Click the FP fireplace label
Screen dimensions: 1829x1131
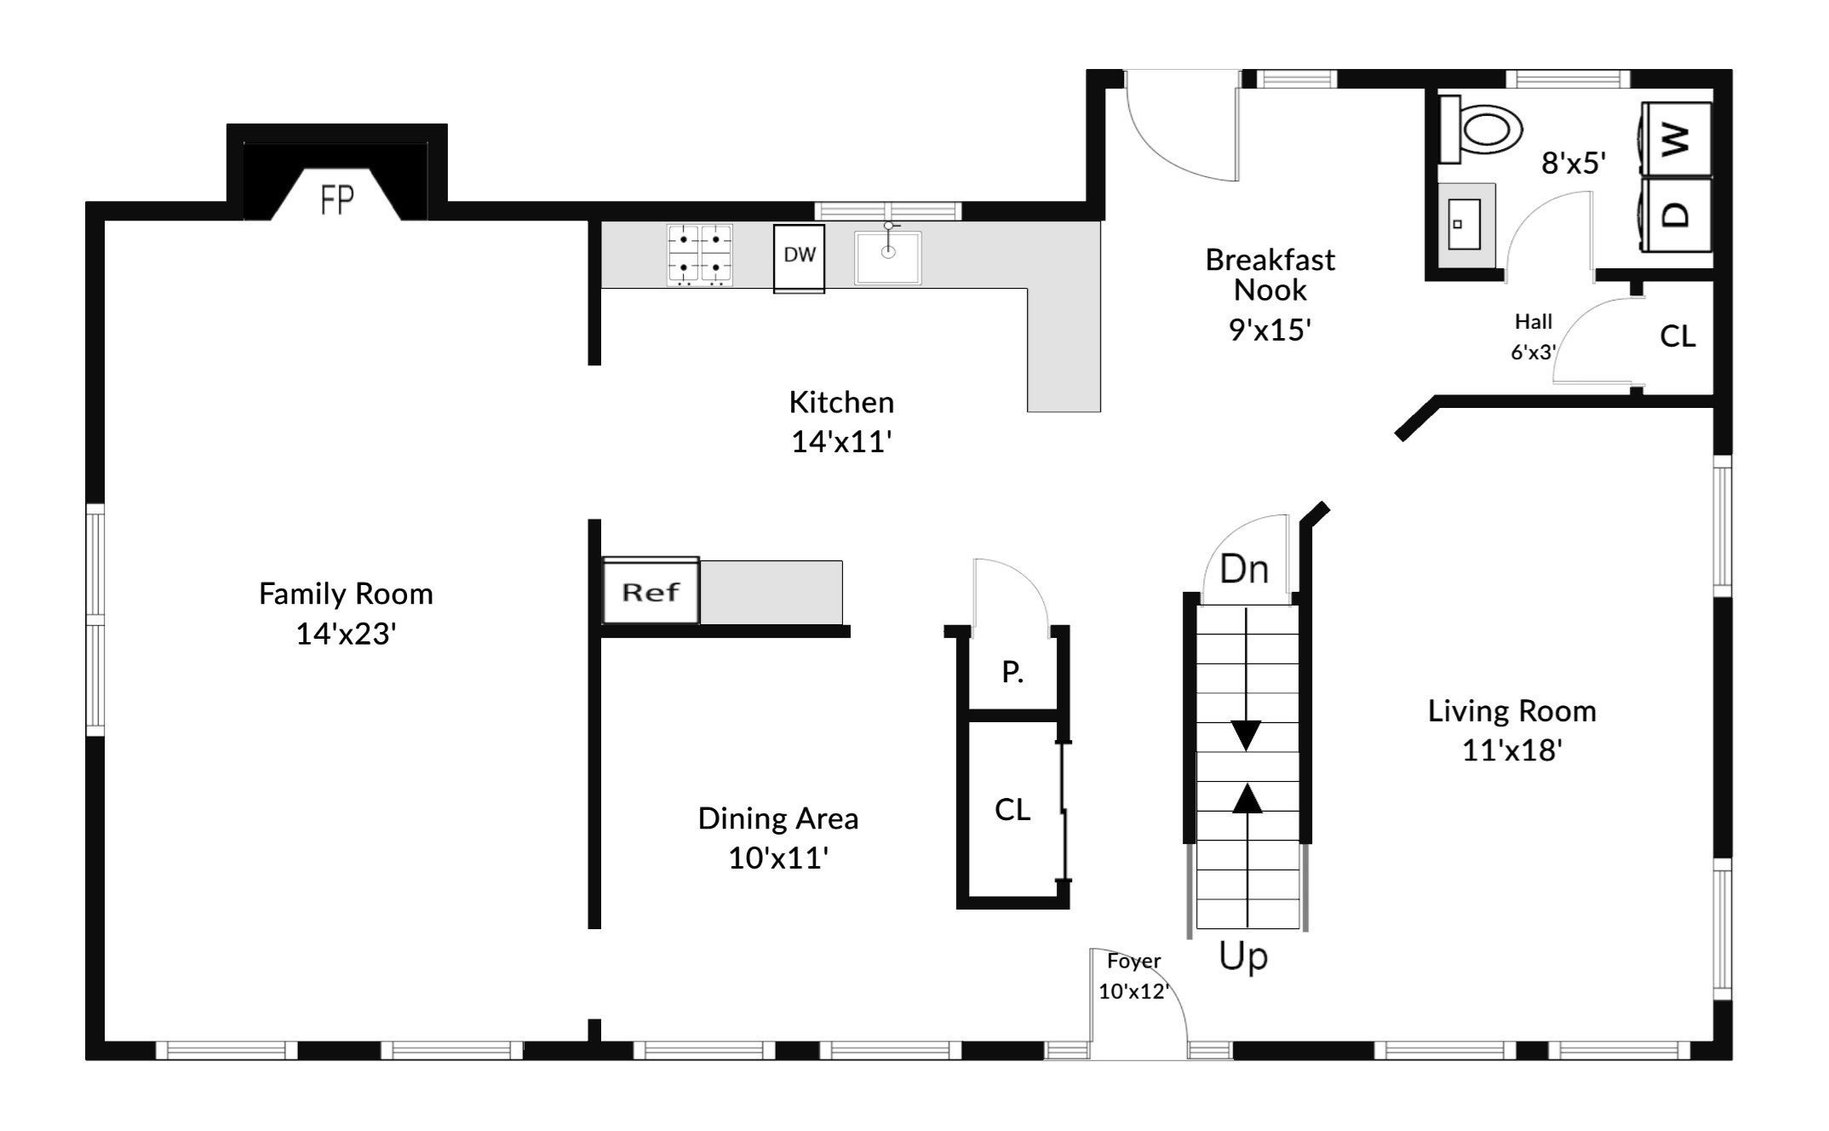pyautogui.click(x=337, y=200)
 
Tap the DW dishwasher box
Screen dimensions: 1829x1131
pyautogui.click(x=799, y=258)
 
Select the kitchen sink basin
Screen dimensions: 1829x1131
pyautogui.click(x=888, y=257)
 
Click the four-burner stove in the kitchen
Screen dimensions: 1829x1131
pyautogui.click(x=700, y=255)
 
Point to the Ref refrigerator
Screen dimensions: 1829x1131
pyautogui.click(x=651, y=591)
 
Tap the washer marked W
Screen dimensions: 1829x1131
pyautogui.click(x=1676, y=139)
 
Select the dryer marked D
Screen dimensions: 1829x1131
pyautogui.click(x=1676, y=215)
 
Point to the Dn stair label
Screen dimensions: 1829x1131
pyautogui.click(x=1244, y=569)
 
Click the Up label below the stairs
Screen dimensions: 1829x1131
pyautogui.click(x=1243, y=956)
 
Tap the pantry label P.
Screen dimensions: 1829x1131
pyautogui.click(x=1012, y=673)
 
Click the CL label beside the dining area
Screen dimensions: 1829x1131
pyautogui.click(x=1012, y=809)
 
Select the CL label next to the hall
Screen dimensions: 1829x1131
pyautogui.click(x=1677, y=336)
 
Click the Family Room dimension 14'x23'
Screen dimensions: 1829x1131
pyautogui.click(x=346, y=634)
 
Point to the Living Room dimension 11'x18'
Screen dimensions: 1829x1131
pyautogui.click(x=1512, y=750)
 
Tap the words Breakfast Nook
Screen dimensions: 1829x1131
pyautogui.click(x=1270, y=274)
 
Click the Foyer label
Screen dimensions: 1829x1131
pyautogui.click(x=1133, y=962)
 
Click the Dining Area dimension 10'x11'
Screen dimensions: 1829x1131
pyautogui.click(x=778, y=858)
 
